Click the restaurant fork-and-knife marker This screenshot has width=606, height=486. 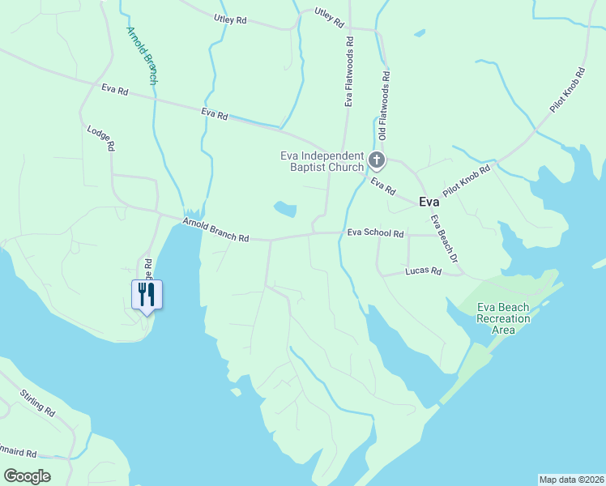[147, 293]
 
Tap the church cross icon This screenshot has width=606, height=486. [377, 160]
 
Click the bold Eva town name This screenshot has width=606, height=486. [429, 202]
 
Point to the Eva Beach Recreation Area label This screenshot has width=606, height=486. [503, 318]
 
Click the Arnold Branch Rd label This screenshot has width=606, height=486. [216, 229]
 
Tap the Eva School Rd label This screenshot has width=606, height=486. [375, 232]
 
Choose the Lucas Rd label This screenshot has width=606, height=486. [423, 271]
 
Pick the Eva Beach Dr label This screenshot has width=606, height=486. [445, 238]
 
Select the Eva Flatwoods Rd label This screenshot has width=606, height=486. [349, 71]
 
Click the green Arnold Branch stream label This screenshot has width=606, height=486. [142, 56]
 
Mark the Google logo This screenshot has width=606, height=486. [27, 476]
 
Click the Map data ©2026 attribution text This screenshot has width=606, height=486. [570, 479]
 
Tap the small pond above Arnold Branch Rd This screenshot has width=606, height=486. [284, 209]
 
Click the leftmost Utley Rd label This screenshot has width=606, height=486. [230, 18]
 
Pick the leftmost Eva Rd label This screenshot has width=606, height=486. [115, 90]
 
